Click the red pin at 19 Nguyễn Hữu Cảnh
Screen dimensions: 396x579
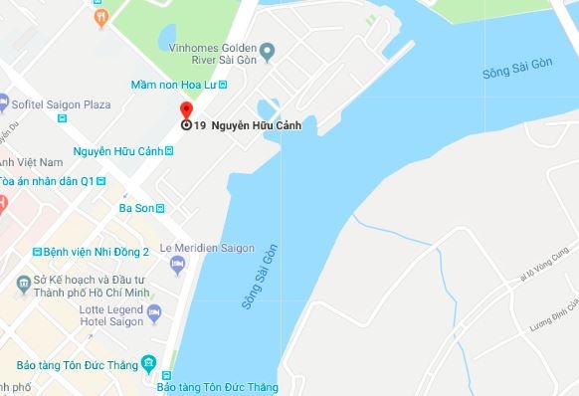click(x=185, y=111)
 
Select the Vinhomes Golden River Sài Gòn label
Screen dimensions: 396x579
click(x=212, y=54)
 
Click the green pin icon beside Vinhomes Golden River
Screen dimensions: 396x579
click(x=267, y=49)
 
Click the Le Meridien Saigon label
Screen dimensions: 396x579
click(x=207, y=248)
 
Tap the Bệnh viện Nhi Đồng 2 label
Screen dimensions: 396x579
click(x=97, y=252)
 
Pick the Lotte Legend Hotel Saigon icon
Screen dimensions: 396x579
click(x=154, y=314)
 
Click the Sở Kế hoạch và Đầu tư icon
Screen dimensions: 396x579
click(x=22, y=287)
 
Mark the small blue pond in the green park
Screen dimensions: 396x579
click(x=168, y=37)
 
